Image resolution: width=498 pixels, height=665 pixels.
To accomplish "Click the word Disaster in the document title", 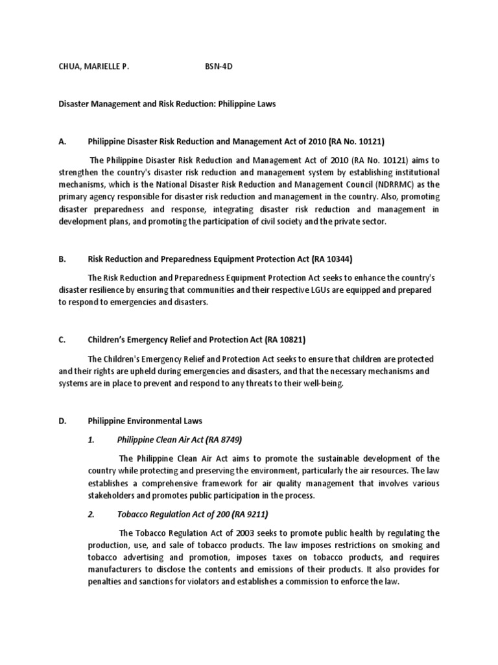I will click(75, 104).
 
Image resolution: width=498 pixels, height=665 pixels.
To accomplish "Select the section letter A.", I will click(62, 141).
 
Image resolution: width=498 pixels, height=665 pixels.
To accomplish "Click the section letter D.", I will click(62, 421).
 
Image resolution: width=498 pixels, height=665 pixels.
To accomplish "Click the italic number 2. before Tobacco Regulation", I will click(91, 514).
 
